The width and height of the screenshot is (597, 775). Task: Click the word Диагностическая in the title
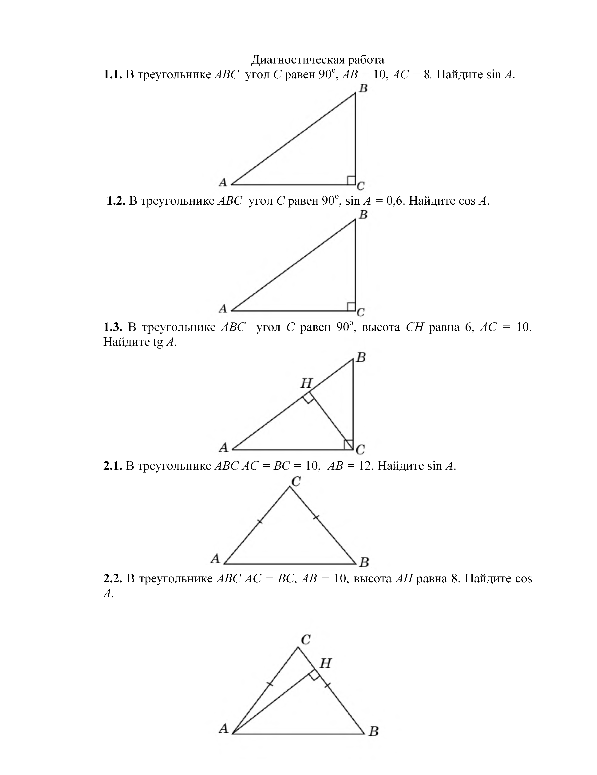point(297,60)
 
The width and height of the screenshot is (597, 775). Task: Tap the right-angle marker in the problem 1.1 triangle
point(351,180)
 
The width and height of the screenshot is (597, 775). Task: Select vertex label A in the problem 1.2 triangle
point(223,308)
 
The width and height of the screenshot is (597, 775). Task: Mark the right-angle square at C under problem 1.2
point(351,307)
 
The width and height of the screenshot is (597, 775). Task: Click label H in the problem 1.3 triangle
point(306,383)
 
